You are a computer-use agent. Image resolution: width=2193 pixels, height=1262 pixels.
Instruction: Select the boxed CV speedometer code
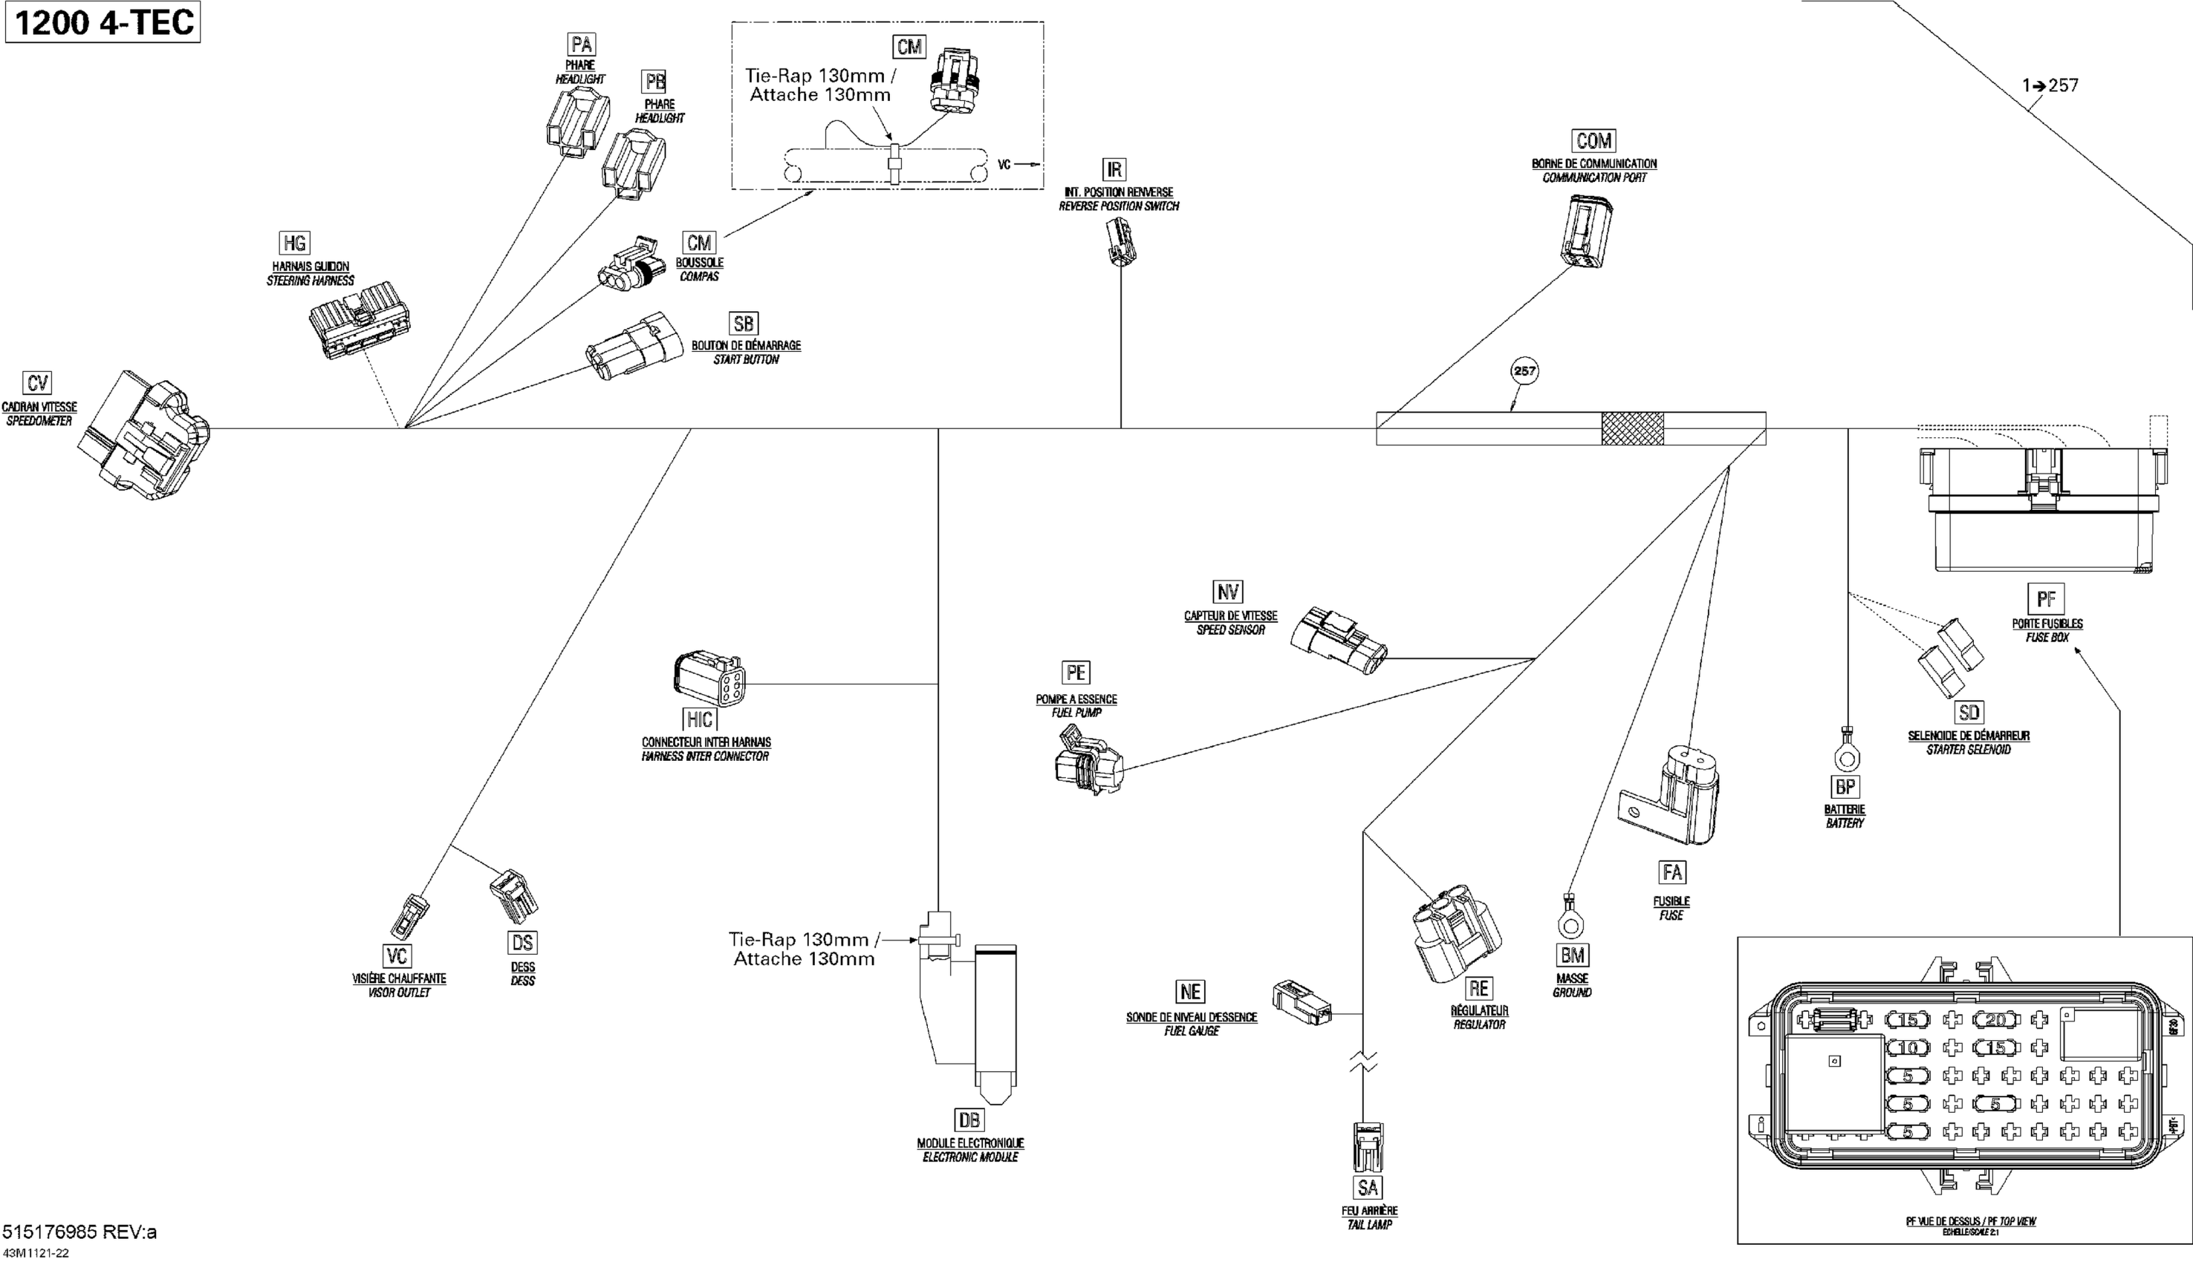[x=37, y=383]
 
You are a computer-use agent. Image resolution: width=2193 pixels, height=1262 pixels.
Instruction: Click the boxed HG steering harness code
[x=295, y=243]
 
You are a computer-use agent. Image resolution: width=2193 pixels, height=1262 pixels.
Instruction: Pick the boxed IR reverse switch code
[x=1114, y=169]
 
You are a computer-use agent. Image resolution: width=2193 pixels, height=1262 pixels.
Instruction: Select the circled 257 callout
[x=1524, y=371]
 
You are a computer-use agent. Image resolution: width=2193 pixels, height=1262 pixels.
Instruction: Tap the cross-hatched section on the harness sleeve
[x=1632, y=429]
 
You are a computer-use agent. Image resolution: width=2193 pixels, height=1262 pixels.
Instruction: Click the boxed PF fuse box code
[x=2046, y=599]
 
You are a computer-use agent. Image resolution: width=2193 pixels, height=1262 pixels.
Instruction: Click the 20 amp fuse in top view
[x=1995, y=1020]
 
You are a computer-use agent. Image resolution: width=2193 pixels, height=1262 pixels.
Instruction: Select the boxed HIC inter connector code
[x=700, y=719]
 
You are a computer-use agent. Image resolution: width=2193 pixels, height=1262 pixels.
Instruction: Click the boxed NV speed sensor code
[x=1228, y=592]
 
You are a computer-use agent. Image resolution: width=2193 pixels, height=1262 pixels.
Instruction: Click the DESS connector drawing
[x=514, y=896]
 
